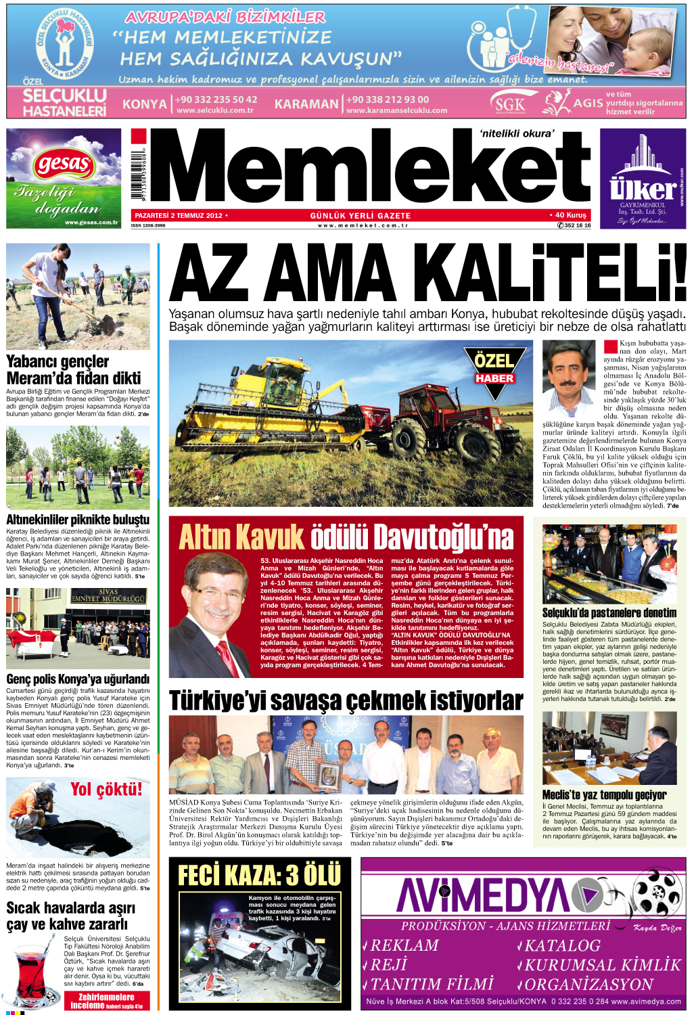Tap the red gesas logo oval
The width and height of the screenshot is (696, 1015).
tap(64, 164)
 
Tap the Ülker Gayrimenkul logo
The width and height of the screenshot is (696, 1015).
tap(643, 179)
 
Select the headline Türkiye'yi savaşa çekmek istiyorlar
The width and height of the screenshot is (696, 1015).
tap(346, 700)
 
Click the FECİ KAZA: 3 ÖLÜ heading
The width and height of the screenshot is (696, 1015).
tap(259, 875)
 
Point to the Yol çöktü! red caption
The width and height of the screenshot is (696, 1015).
tap(106, 789)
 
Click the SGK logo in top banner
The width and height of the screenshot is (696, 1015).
tap(509, 104)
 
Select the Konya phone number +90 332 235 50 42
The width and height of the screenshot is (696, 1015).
tap(216, 99)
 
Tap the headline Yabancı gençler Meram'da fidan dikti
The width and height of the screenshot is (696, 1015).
tap(73, 369)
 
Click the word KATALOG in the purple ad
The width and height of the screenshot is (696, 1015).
tap(562, 945)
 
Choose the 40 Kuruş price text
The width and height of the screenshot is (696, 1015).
tap(570, 215)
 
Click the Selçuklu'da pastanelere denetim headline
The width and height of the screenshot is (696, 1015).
tap(609, 612)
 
